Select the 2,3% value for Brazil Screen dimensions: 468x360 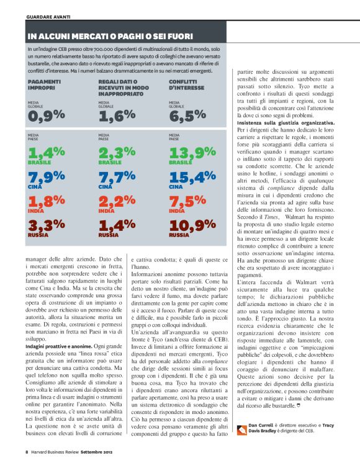[117, 153]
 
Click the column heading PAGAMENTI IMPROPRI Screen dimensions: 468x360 [45, 84]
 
